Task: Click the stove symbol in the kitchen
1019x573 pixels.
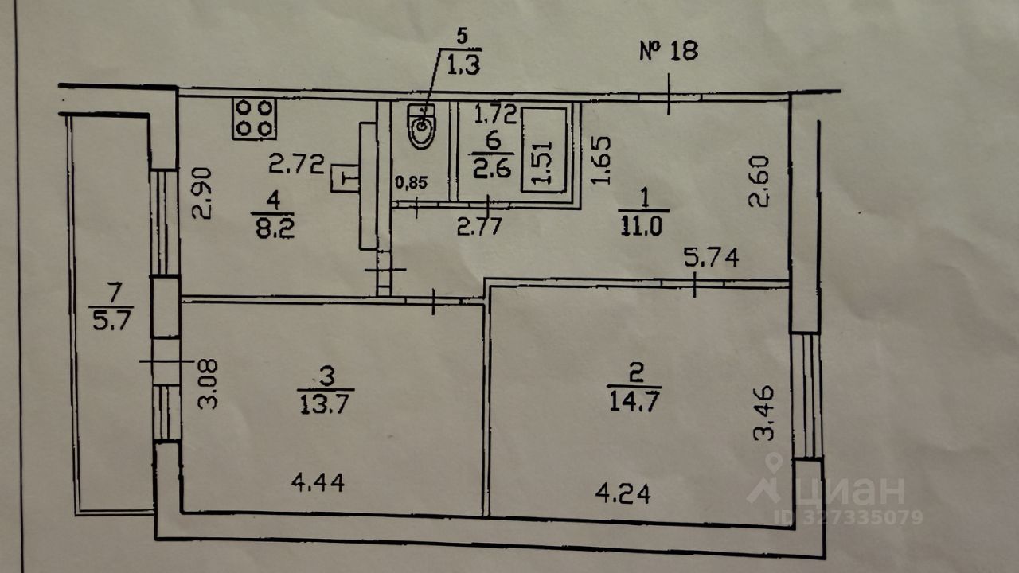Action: tap(254, 118)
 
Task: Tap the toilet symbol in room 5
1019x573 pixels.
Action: tap(421, 127)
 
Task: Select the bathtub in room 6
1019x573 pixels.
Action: tap(545, 148)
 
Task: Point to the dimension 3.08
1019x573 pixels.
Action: tap(208, 383)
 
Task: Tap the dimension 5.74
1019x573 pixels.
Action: tap(712, 257)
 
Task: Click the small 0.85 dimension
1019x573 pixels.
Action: tap(412, 182)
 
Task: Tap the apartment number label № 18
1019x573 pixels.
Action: tap(669, 52)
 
